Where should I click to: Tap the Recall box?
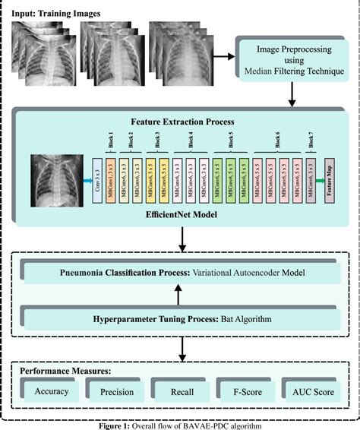180,392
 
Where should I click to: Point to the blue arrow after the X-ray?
85,181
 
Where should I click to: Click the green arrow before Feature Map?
319,181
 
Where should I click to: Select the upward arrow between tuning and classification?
180,295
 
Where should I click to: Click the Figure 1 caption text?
180,425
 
